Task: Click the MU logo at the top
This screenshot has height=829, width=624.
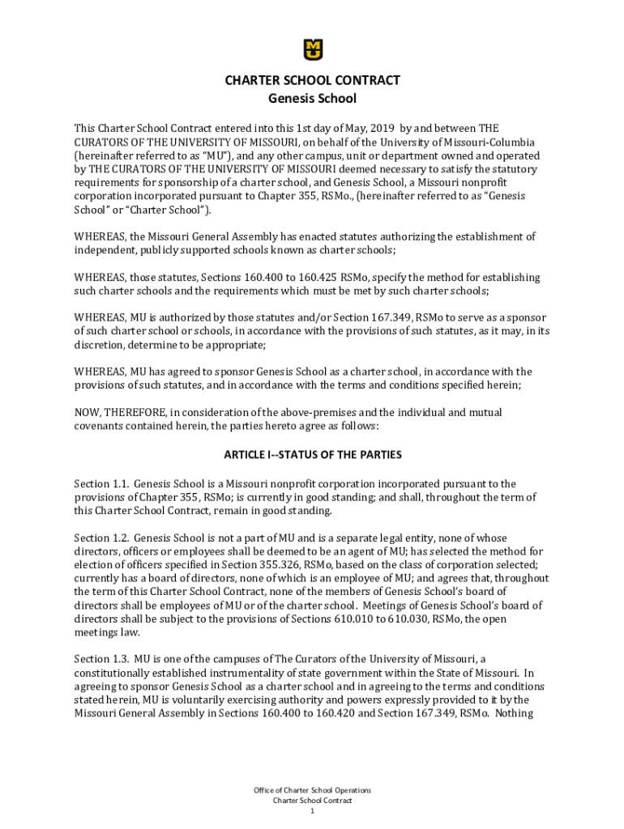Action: click(313, 49)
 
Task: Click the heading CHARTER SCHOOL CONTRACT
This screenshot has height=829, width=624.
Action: click(312, 81)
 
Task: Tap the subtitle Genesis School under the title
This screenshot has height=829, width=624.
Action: click(312, 100)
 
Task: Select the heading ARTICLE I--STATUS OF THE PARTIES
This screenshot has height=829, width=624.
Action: click(313, 455)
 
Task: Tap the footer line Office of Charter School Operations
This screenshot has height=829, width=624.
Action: click(312, 790)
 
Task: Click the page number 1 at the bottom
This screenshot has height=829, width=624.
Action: click(312, 811)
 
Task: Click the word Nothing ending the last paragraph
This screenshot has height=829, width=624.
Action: click(512, 714)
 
